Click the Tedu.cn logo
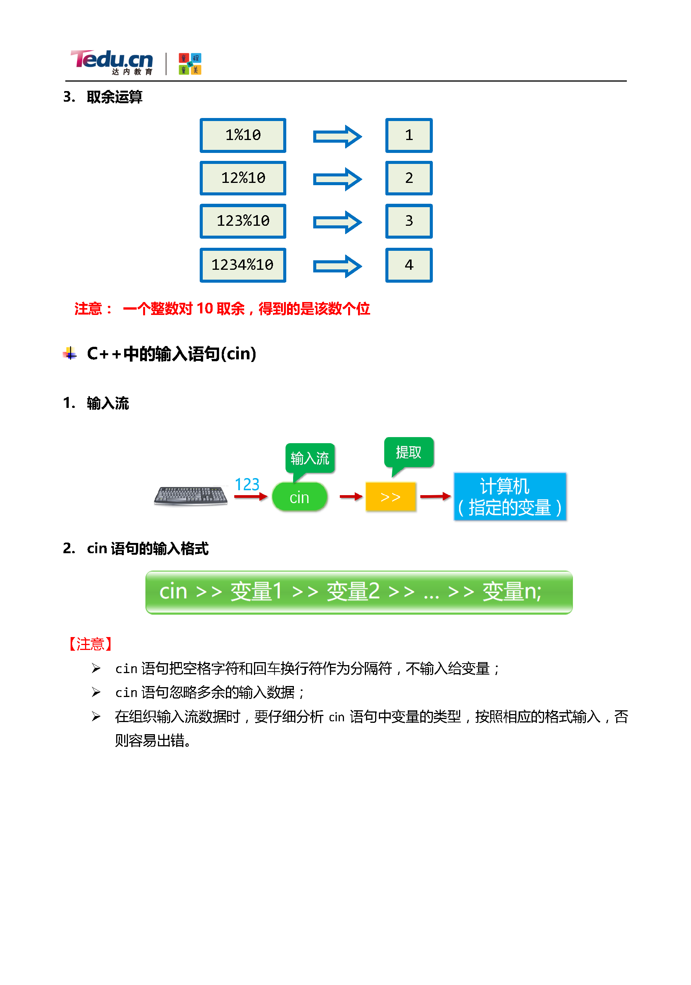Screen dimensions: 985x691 tap(112, 61)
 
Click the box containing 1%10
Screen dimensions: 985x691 tap(243, 135)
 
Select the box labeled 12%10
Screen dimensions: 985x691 tap(243, 178)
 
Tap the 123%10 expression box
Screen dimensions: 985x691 tap(243, 221)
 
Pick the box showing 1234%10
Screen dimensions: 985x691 tap(243, 265)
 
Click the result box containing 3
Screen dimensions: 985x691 tap(409, 221)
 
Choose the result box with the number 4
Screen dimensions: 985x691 tap(409, 265)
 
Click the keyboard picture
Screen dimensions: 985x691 tap(191, 496)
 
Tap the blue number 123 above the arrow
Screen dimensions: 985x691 tap(247, 485)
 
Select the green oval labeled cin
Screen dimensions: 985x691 tap(299, 497)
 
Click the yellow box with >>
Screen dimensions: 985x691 tap(390, 497)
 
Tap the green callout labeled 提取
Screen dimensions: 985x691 tap(408, 452)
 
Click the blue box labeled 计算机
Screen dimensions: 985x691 tap(510, 497)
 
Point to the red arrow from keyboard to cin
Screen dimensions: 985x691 tap(251, 497)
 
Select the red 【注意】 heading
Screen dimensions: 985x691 tap(90, 644)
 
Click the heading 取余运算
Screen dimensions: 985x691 tap(114, 97)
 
